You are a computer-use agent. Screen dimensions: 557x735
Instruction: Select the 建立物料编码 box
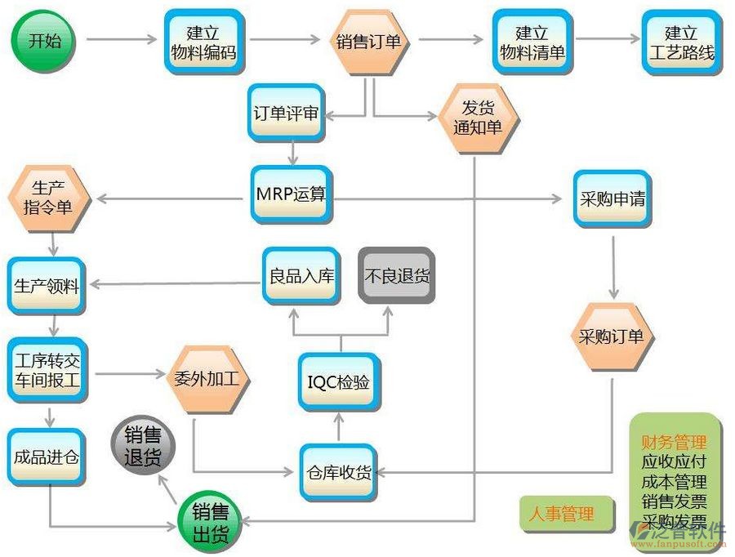click(203, 42)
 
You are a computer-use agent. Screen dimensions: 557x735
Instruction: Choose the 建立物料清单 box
click(532, 42)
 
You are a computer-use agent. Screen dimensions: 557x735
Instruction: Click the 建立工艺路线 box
click(681, 42)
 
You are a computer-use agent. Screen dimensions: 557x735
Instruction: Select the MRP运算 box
click(292, 195)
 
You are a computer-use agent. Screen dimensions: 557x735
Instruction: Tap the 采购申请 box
click(612, 198)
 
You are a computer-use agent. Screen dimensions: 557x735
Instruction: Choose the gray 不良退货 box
click(396, 275)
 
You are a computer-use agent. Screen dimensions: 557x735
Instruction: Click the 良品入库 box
click(301, 275)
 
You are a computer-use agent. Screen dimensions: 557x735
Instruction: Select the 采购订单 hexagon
click(611, 336)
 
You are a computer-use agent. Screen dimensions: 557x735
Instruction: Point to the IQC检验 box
click(339, 381)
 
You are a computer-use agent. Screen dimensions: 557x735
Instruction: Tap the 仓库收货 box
click(339, 472)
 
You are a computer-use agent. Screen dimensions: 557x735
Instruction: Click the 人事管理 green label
click(561, 514)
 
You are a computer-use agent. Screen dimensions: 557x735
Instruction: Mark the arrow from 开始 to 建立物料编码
click(121, 39)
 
